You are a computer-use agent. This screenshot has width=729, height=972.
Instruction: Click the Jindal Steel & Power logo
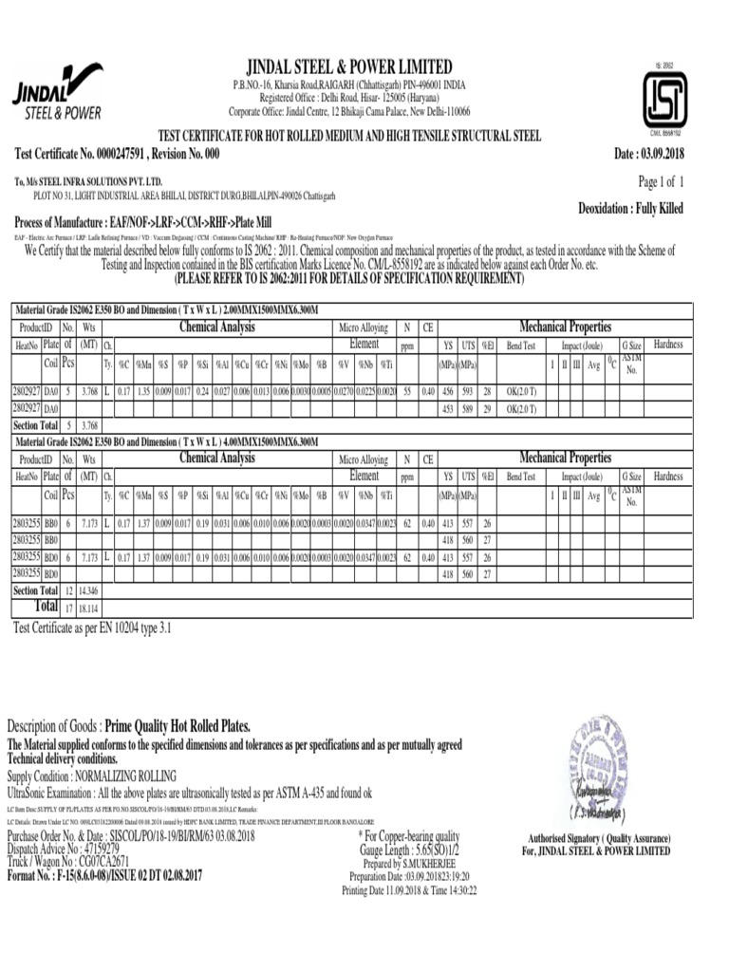point(57,92)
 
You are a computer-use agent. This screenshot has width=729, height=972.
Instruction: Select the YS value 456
point(448,391)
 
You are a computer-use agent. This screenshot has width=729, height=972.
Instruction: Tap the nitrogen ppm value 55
point(406,391)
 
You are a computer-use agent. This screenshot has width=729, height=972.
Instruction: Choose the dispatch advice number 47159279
point(137,848)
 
